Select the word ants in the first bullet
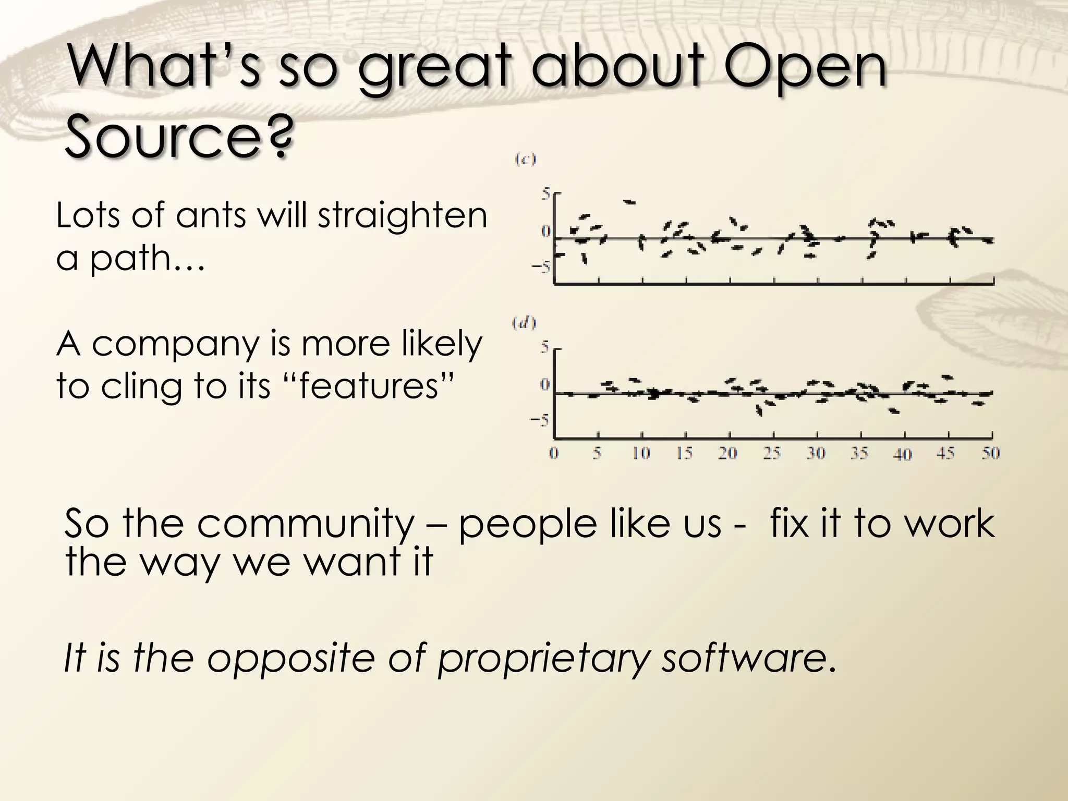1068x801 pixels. click(210, 215)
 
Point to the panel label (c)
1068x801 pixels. click(525, 160)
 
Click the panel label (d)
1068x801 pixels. click(524, 324)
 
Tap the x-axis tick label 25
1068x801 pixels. click(772, 454)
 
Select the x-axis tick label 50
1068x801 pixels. click(990, 453)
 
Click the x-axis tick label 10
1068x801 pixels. click(641, 454)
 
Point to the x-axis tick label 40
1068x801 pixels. click(903, 454)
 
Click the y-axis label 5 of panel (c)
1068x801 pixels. click(545, 195)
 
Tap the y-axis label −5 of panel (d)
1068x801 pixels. click(540, 421)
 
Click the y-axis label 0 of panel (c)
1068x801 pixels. click(545, 231)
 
